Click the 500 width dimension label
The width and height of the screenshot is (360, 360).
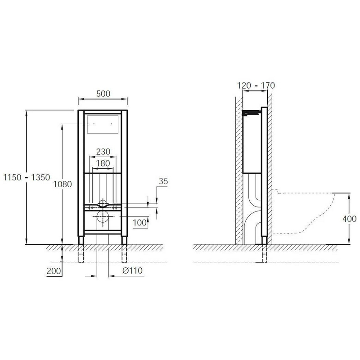pyautogui.click(x=103, y=94)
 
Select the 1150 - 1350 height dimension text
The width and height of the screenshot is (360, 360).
pyautogui.click(x=27, y=177)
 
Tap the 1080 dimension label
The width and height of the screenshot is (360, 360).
pyautogui.click(x=63, y=184)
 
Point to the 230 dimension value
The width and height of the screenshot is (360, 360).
pyautogui.click(x=103, y=152)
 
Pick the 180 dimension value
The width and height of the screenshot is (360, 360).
pyautogui.click(x=103, y=163)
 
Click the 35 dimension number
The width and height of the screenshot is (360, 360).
pyautogui.click(x=163, y=181)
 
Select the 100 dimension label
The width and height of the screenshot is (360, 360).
pyautogui.click(x=139, y=222)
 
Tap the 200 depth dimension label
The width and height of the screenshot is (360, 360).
pyautogui.click(x=54, y=271)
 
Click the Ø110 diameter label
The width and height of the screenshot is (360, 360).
pyautogui.click(x=133, y=270)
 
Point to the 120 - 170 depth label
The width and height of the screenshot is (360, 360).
pyautogui.click(x=256, y=85)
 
